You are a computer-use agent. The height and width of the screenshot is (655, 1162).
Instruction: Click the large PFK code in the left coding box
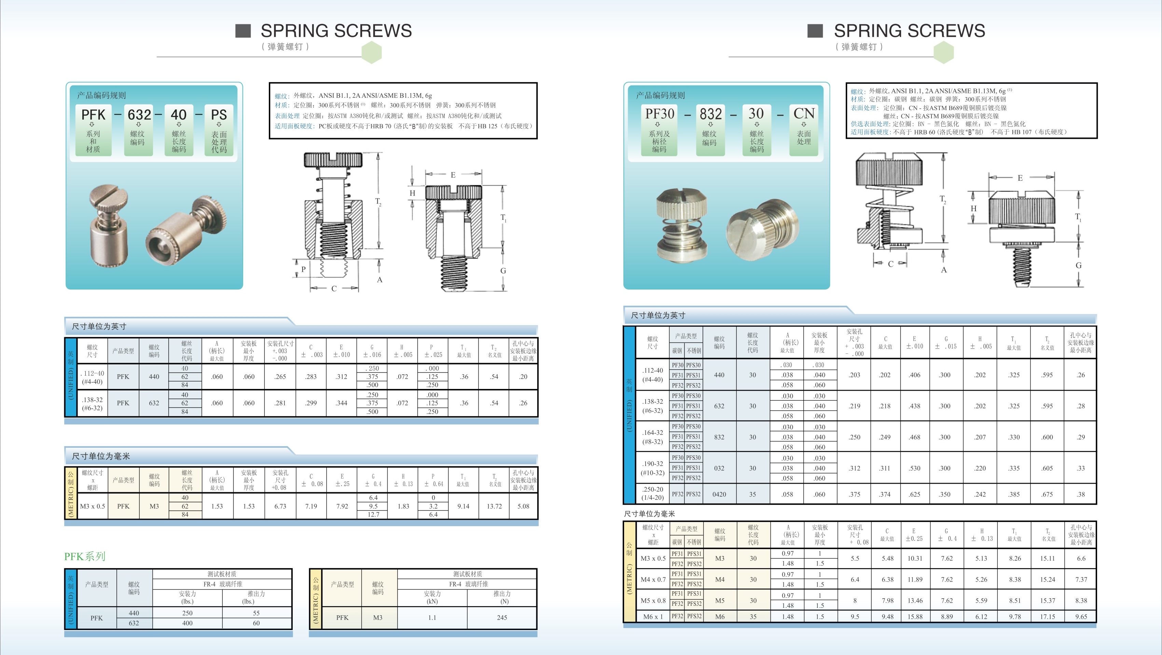pyautogui.click(x=93, y=115)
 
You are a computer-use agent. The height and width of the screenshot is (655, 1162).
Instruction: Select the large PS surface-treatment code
pyautogui.click(x=219, y=115)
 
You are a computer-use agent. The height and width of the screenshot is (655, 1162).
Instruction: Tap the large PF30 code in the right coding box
pyautogui.click(x=660, y=113)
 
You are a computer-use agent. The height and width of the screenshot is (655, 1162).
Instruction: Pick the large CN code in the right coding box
pyautogui.click(x=804, y=113)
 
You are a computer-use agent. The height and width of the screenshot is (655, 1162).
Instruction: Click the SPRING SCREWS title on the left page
pyautogui.click(x=336, y=31)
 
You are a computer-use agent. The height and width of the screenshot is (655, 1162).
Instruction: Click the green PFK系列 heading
pyautogui.click(x=85, y=556)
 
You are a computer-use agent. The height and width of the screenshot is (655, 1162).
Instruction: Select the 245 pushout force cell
pyautogui.click(x=502, y=617)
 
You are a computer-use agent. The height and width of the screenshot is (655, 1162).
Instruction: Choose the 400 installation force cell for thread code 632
pyautogui.click(x=187, y=623)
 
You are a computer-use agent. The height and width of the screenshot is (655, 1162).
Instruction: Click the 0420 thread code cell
pyautogui.click(x=719, y=494)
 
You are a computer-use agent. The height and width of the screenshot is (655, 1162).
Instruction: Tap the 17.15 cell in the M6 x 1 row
pyautogui.click(x=1048, y=616)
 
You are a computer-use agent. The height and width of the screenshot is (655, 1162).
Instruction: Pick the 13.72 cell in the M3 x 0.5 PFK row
pyautogui.click(x=494, y=506)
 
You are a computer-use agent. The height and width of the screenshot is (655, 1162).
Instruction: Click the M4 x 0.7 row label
pyautogui.click(x=653, y=579)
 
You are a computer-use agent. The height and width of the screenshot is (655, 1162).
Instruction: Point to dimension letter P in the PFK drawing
pyautogui.click(x=304, y=269)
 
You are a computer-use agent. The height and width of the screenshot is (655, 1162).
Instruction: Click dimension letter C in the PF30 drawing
pyautogui.click(x=890, y=264)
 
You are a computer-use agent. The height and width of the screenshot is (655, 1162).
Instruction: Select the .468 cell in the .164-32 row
pyautogui.click(x=914, y=437)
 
